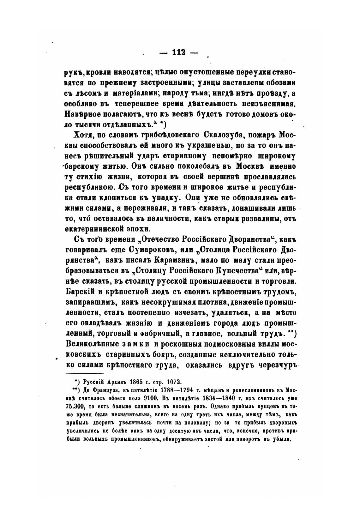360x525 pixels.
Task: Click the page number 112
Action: [x=178, y=52]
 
